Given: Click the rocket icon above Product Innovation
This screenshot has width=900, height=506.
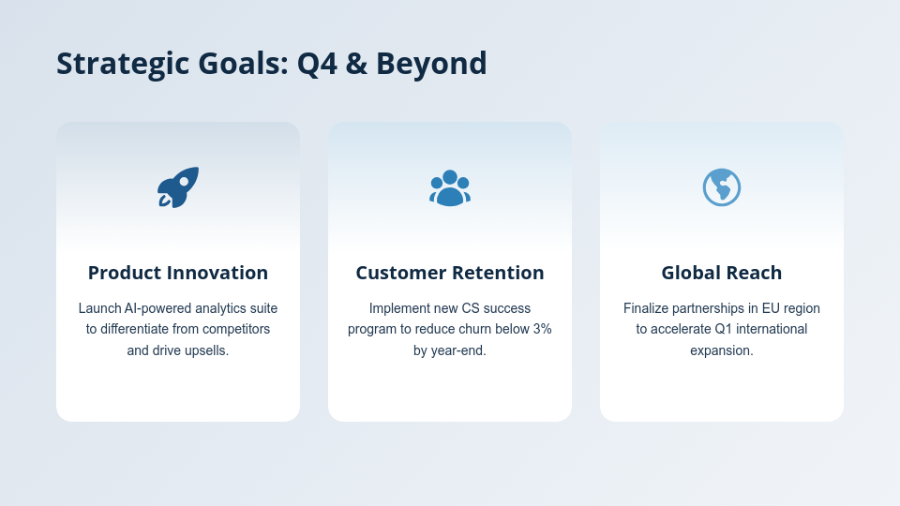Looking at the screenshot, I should tap(178, 187).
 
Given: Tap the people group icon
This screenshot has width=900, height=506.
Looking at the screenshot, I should tap(450, 187).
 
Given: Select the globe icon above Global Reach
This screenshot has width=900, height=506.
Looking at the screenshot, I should tap(722, 187).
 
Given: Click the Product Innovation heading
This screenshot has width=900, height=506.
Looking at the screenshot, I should tap(178, 273).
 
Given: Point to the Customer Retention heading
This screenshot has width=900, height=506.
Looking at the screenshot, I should tap(450, 273).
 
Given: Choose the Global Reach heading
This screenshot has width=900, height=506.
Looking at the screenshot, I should tap(722, 273).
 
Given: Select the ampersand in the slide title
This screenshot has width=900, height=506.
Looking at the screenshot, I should tap(357, 64).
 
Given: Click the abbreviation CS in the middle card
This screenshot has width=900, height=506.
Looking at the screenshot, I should tap(472, 308).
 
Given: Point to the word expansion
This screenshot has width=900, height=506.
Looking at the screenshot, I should tap(722, 350).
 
